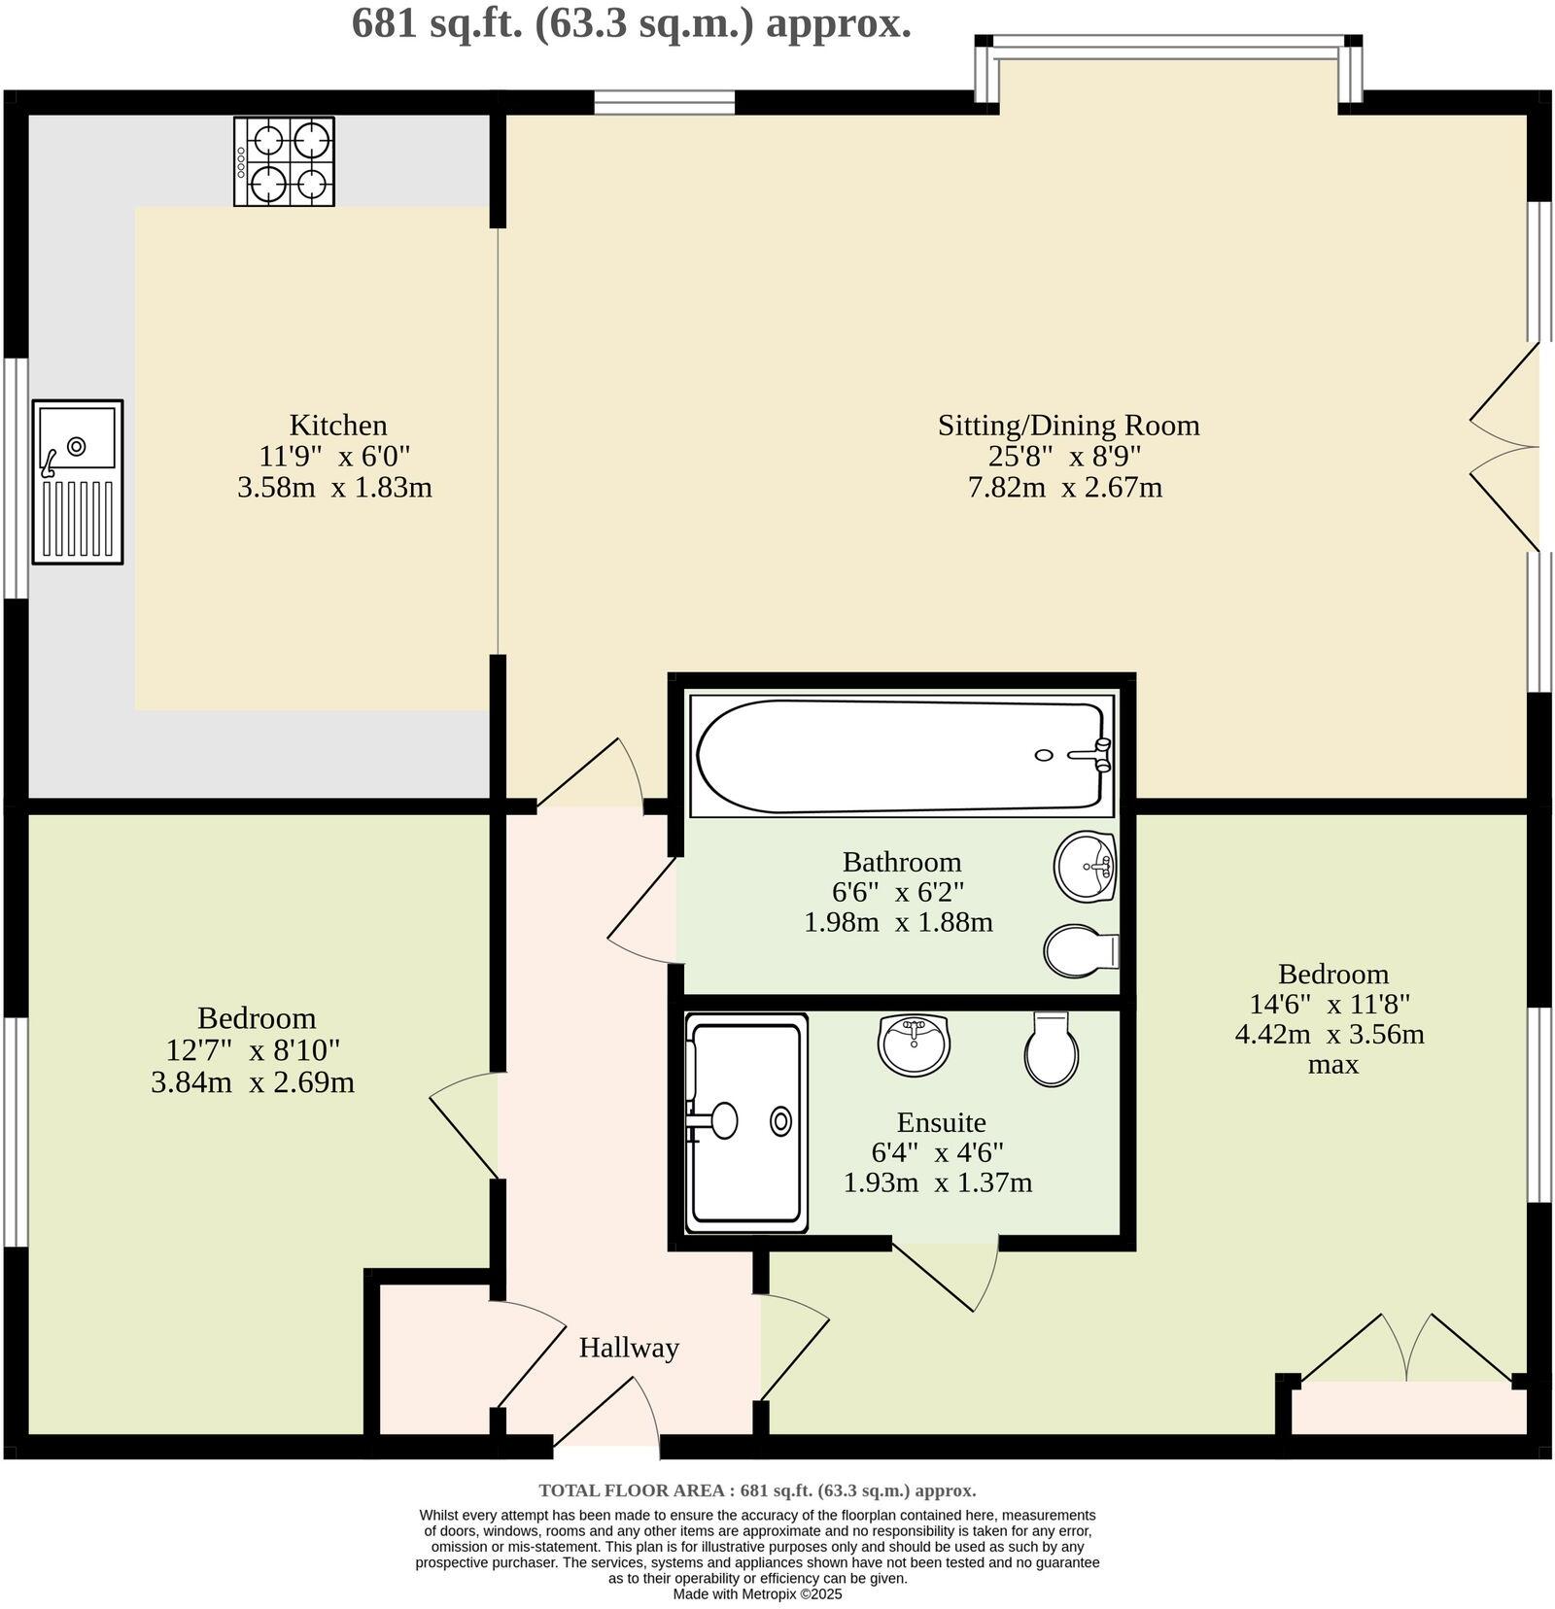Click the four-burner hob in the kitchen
[x=284, y=161]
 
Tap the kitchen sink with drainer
[x=78, y=481]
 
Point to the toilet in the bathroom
[x=1080, y=950]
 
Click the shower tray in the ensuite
[x=745, y=1122]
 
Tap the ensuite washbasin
[x=913, y=1044]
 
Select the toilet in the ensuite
[x=1052, y=1048]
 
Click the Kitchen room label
[x=338, y=426]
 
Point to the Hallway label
[x=629, y=1348]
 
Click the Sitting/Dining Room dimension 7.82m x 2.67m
[x=1065, y=487]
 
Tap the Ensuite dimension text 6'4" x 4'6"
[x=937, y=1152]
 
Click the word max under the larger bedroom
[x=1332, y=1065]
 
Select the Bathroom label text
[x=901, y=862]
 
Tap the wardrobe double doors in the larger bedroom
[x=1406, y=1349]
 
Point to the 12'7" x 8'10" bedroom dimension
[x=253, y=1050]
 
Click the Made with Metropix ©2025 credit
[x=757, y=1594]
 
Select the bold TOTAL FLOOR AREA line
[x=757, y=1490]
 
